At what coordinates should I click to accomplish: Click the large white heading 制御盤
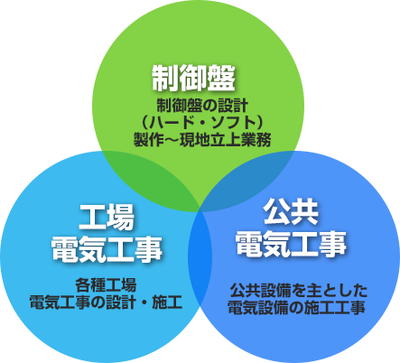tap(193, 78)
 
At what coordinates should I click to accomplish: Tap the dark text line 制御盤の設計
tap(202, 106)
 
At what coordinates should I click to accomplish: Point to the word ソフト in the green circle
tap(232, 123)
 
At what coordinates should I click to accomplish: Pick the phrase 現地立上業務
tap(226, 140)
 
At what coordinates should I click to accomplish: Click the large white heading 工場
tap(107, 217)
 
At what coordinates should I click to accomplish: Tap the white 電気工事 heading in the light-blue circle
tap(107, 248)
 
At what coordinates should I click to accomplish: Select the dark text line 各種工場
tap(106, 285)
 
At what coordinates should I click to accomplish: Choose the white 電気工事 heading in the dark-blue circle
tap(291, 244)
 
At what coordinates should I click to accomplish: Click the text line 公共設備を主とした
tap(299, 291)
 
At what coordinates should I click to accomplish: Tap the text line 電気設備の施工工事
tap(297, 308)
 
